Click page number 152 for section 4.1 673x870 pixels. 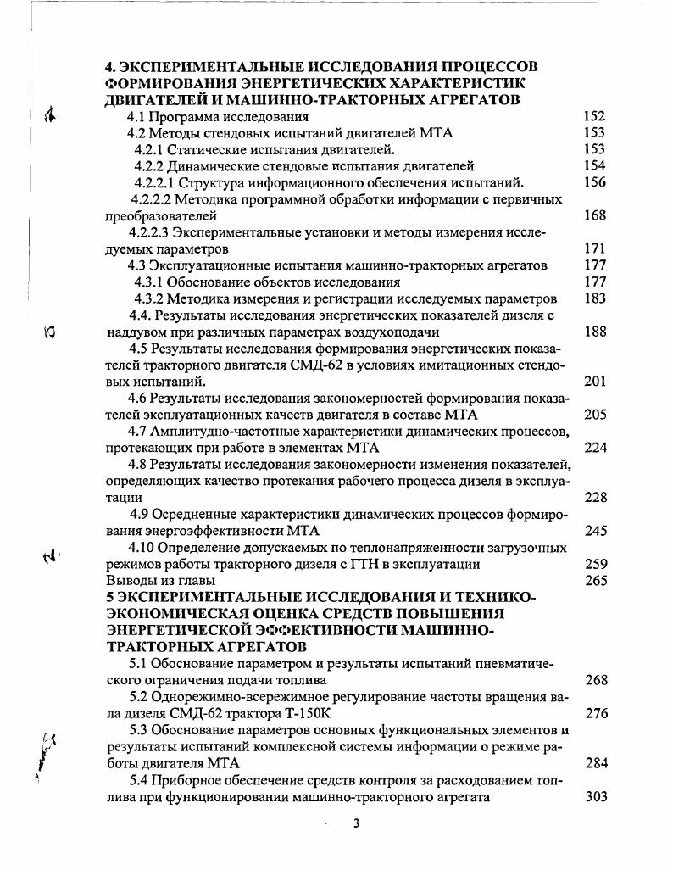coord(595,117)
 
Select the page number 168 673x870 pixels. coord(595,216)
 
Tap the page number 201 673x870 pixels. coord(595,382)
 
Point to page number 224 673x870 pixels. coord(595,448)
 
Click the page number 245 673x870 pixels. coord(595,531)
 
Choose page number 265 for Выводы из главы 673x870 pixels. coord(595,581)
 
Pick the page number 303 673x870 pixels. coord(595,797)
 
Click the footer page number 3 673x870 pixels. coord(356,823)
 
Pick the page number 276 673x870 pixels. coord(595,714)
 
